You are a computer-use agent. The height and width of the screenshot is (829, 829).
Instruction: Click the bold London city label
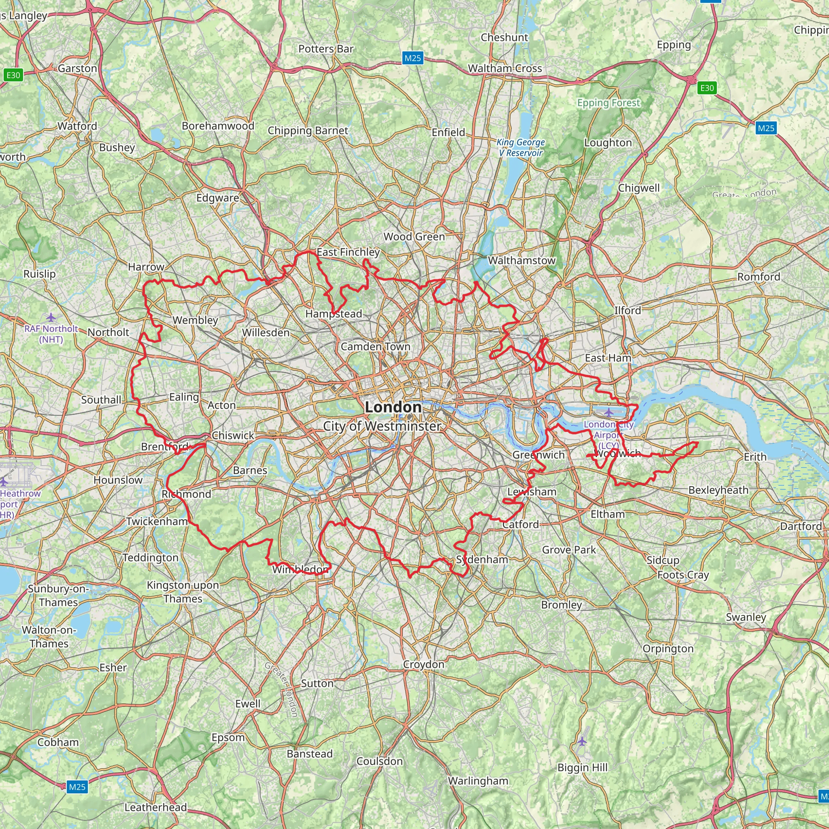point(393,407)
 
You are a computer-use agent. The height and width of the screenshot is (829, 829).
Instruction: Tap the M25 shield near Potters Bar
point(413,58)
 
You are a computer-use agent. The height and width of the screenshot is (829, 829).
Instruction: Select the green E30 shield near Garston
point(13,75)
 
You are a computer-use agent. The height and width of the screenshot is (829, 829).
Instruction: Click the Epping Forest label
point(608,103)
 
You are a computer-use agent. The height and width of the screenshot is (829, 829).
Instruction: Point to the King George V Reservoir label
point(521,147)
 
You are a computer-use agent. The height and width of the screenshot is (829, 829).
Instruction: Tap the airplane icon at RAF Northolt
point(51,317)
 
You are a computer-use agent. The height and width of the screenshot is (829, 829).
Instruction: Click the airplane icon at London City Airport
point(608,413)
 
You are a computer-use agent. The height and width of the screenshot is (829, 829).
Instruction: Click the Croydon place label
point(423,664)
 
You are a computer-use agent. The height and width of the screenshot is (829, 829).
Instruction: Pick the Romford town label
point(759,277)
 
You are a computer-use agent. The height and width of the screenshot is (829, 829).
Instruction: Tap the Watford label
point(77,126)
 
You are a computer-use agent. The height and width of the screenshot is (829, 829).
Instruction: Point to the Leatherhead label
point(155,807)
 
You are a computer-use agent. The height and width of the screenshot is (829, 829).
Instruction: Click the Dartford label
point(801,526)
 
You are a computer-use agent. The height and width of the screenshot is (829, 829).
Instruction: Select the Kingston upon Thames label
point(183,592)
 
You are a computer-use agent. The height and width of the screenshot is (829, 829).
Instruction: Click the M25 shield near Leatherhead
point(77,786)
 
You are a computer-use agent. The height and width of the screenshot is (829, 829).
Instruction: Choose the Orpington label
point(667,648)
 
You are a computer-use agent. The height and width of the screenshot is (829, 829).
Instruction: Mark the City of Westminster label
point(382,426)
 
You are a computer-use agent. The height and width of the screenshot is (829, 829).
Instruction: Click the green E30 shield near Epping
point(707,88)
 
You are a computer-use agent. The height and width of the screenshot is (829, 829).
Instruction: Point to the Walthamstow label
point(521,260)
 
